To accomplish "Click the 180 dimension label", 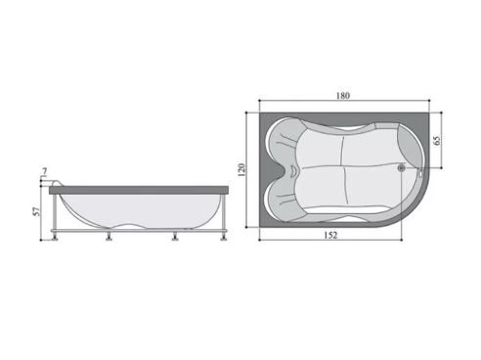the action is pyautogui.click(x=343, y=96).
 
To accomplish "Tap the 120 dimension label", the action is pyautogui.click(x=241, y=170).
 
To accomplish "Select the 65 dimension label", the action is pyautogui.click(x=437, y=141).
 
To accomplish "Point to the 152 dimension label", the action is pyautogui.click(x=330, y=235).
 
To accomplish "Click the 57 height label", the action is pyautogui.click(x=37, y=211).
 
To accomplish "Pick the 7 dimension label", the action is pyautogui.click(x=45, y=171).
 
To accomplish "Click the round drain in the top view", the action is pyautogui.click(x=401, y=168).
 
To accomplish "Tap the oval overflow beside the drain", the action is pyautogui.click(x=420, y=174).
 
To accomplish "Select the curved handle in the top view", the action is pyautogui.click(x=293, y=170).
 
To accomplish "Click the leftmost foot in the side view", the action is pyautogui.click(x=55, y=238).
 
